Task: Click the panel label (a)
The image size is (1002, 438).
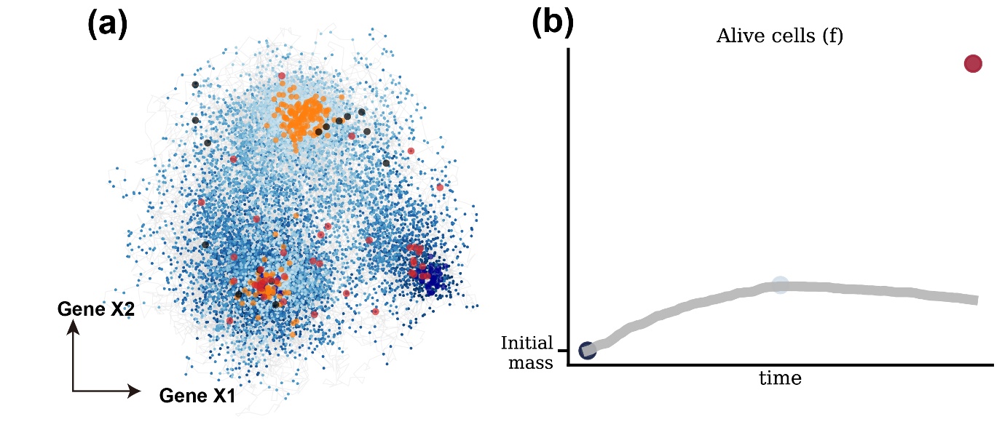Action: (107, 25)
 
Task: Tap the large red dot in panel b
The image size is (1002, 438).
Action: (973, 64)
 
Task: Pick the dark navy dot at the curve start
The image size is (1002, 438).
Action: (587, 351)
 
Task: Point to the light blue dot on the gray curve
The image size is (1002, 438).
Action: (780, 285)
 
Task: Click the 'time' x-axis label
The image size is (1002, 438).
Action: (780, 378)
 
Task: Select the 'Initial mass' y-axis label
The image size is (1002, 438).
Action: (527, 351)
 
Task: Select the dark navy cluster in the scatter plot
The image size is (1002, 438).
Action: (433, 276)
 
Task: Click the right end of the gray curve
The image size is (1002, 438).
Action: (974, 300)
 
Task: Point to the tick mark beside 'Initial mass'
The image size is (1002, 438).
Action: (562, 351)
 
